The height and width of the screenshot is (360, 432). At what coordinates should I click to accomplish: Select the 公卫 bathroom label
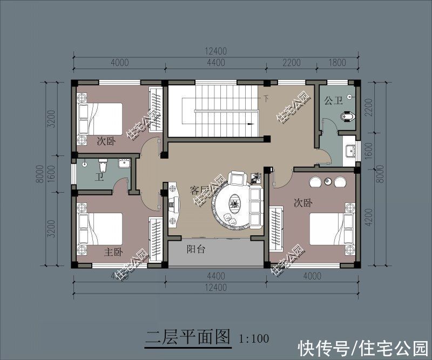(x=333, y=100)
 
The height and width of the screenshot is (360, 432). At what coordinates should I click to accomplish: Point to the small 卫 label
(x=99, y=176)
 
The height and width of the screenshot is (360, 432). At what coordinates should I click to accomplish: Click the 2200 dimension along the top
(x=291, y=63)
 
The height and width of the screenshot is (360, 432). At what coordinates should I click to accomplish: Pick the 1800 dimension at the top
(x=337, y=63)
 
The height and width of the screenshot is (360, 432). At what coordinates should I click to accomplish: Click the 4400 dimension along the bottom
(x=215, y=276)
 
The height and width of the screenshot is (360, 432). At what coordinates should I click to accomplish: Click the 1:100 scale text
(x=254, y=339)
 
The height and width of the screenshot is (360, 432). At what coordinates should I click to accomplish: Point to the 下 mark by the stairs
(x=266, y=99)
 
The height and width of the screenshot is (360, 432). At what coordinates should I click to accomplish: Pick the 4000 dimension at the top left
(x=119, y=63)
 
